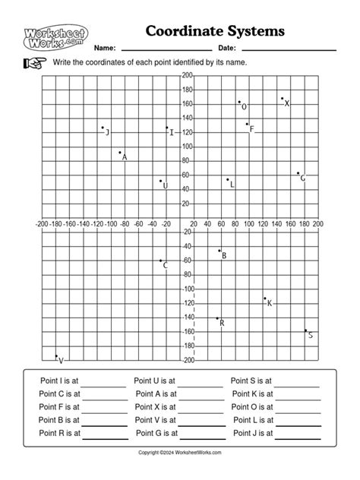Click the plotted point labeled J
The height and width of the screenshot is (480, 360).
pyautogui.click(x=103, y=128)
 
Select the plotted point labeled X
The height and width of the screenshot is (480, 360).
pyautogui.click(x=282, y=99)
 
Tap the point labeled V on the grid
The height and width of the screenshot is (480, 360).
pyautogui.click(x=56, y=355)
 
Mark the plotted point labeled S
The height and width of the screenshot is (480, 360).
pyautogui.click(x=306, y=330)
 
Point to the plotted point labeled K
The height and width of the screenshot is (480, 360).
pyautogui.click(x=265, y=298)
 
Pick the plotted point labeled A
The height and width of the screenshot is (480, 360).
pyautogui.click(x=120, y=153)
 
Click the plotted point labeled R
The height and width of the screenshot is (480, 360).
pyautogui.click(x=217, y=318)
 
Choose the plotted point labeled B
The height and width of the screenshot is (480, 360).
pyautogui.click(x=219, y=251)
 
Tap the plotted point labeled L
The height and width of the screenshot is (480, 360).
pyautogui.click(x=227, y=179)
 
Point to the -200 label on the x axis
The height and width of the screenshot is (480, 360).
pyautogui.click(x=42, y=224)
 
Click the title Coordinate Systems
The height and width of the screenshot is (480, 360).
pyautogui.click(x=216, y=31)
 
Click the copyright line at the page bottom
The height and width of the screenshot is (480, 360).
pyautogui.click(x=180, y=453)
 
